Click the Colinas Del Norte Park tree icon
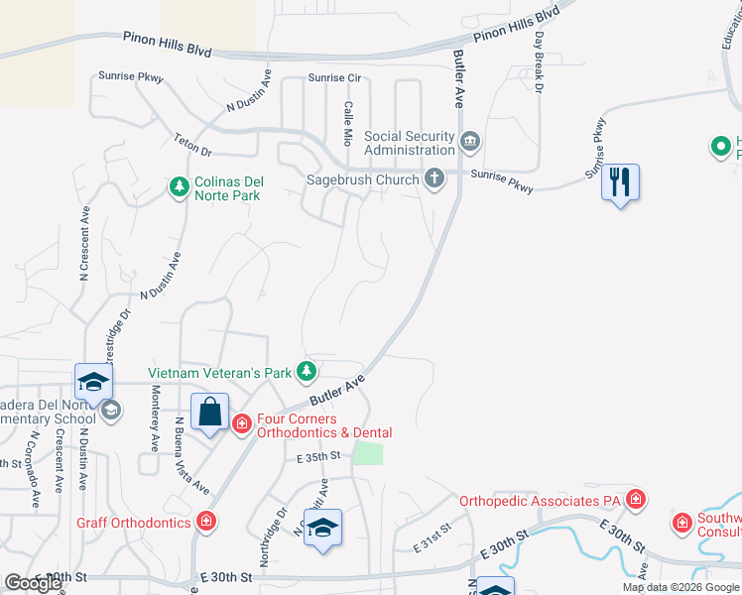(179, 186)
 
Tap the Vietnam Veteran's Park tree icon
(308, 372)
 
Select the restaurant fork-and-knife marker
(620, 182)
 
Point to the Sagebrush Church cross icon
(433, 178)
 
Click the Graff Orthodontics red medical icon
(206, 521)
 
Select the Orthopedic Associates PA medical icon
(636, 499)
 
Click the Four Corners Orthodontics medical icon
(241, 423)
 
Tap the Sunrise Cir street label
(333, 77)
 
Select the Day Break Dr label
(540, 62)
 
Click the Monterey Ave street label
(155, 417)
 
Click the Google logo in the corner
(33, 583)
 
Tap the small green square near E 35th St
(368, 453)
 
